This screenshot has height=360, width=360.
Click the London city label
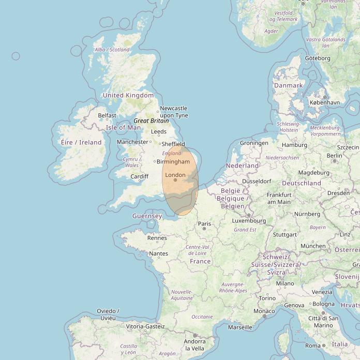click(x=175, y=175)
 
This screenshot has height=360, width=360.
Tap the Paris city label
click(x=205, y=224)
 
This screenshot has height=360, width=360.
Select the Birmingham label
click(x=173, y=162)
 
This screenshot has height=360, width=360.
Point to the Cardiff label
click(x=139, y=176)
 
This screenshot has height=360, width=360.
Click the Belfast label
click(x=107, y=115)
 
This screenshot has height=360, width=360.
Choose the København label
click(x=324, y=102)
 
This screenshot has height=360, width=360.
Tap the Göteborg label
click(x=317, y=58)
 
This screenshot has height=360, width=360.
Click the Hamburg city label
click(x=294, y=145)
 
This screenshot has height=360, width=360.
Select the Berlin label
click(x=334, y=155)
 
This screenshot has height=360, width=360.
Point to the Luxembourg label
click(x=249, y=221)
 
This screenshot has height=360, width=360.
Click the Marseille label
click(x=240, y=327)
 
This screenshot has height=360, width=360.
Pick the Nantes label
click(x=158, y=253)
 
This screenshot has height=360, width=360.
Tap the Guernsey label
click(x=147, y=216)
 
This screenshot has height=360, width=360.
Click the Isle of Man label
click(x=123, y=127)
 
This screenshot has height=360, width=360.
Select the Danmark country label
click(x=288, y=85)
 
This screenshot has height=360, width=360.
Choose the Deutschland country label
click(x=302, y=183)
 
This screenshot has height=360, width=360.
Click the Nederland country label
click(x=242, y=166)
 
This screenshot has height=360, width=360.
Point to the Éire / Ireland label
click(x=81, y=142)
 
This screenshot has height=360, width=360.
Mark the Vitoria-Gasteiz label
click(x=145, y=326)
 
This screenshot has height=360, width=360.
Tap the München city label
click(x=313, y=246)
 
